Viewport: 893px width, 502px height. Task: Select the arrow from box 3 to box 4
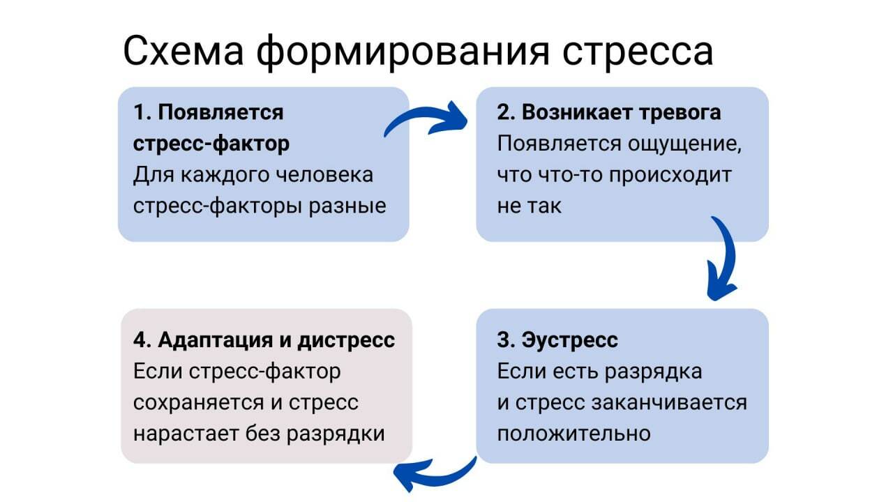[x=433, y=475]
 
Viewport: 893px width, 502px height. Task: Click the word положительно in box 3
[x=573, y=433]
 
